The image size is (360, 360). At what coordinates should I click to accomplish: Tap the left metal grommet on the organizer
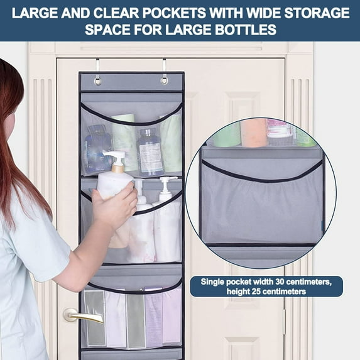(97, 80)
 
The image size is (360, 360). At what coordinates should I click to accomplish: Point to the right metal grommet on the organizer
(164, 80)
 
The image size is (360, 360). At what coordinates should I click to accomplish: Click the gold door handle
(82, 315)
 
